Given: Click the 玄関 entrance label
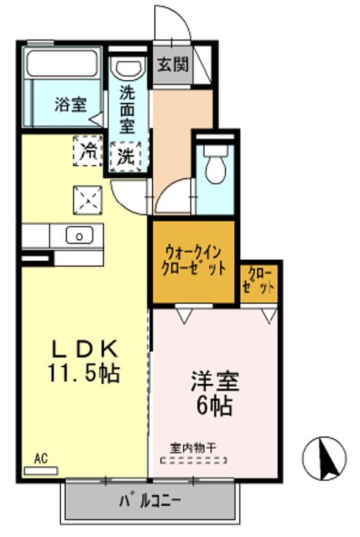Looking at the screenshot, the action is [x=173, y=64].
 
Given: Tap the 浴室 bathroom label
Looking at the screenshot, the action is [x=70, y=104].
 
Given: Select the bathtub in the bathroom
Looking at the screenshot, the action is [x=62, y=63].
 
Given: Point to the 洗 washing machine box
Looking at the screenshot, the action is [x=125, y=157].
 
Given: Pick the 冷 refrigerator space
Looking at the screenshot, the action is [x=88, y=151].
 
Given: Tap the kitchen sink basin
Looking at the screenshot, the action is [x=80, y=235].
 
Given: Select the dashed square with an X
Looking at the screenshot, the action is [x=88, y=200].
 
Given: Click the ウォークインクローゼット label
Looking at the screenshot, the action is [x=193, y=260].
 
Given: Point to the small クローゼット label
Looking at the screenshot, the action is [x=259, y=280].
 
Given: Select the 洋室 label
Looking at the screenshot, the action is [x=215, y=381].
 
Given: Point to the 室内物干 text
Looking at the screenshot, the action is [x=193, y=447].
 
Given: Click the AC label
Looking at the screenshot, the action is [x=41, y=459].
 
